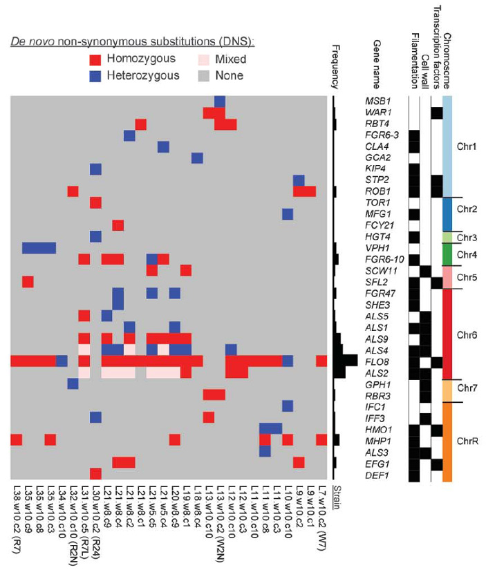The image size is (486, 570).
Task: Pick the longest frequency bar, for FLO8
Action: tap(345, 360)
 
